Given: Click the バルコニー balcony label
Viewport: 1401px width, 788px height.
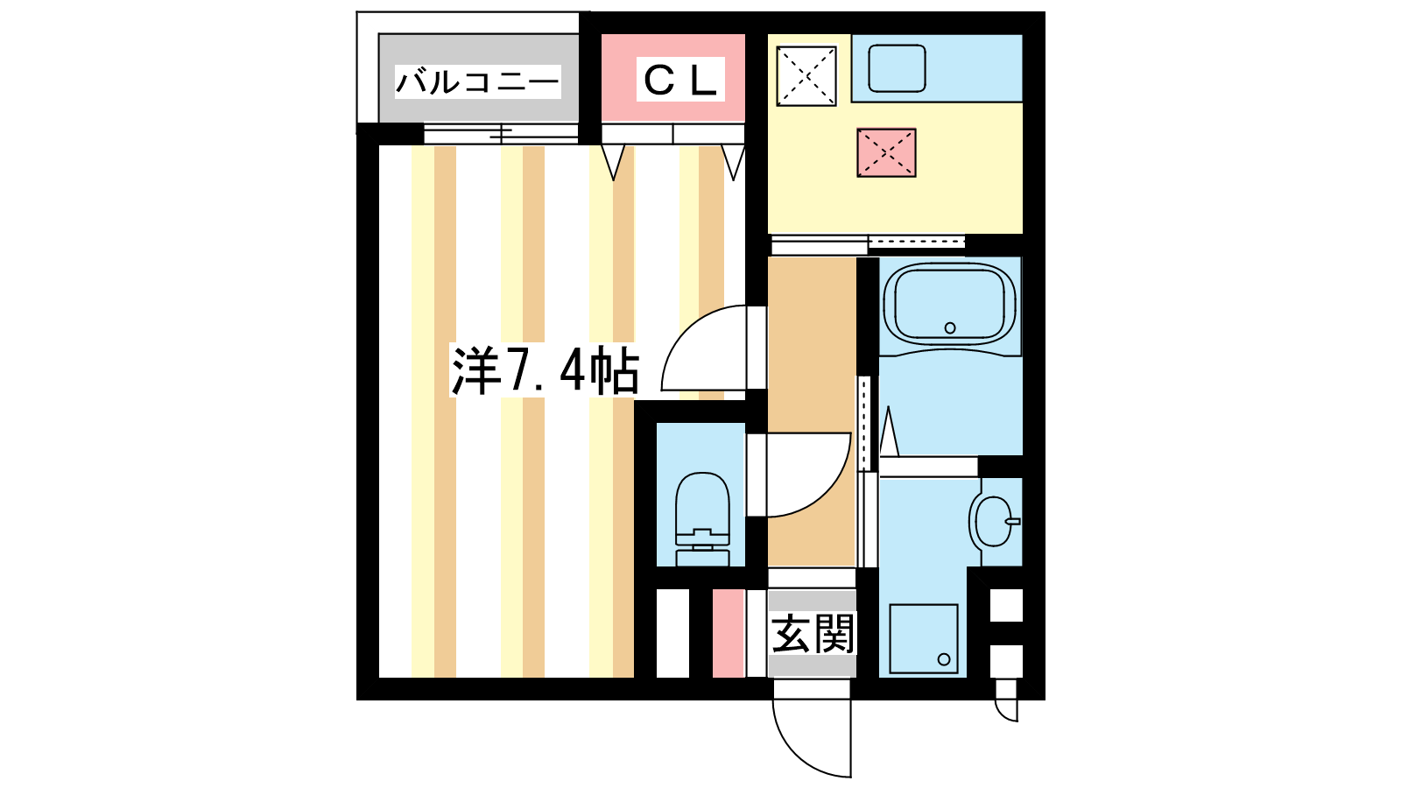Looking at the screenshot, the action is tap(478, 82).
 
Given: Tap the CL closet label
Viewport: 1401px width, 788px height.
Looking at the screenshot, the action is tap(680, 80).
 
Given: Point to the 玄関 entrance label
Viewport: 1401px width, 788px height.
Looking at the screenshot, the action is tap(812, 634).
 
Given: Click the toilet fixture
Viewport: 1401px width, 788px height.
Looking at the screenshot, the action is tap(702, 519).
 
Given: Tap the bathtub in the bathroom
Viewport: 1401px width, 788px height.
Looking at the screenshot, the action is tap(949, 304).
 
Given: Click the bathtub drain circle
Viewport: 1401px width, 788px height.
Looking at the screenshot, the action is tap(950, 327).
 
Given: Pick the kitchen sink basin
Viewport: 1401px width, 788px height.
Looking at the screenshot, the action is tap(897, 68).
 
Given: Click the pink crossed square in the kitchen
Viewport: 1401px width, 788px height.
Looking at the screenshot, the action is tap(886, 152).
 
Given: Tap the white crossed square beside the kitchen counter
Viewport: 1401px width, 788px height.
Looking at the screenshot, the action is tap(806, 75).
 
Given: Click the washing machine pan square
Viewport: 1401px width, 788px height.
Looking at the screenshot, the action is tap(924, 639).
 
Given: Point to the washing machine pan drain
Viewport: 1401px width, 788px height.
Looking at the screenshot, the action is tap(944, 659).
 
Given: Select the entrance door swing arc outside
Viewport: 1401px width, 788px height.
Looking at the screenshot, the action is tap(794, 750).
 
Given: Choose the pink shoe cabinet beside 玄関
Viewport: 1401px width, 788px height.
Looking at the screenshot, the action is tap(729, 633).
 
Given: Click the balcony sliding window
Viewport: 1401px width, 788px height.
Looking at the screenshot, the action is tap(500, 132).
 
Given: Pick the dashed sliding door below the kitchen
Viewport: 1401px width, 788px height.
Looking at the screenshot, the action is tap(917, 242).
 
